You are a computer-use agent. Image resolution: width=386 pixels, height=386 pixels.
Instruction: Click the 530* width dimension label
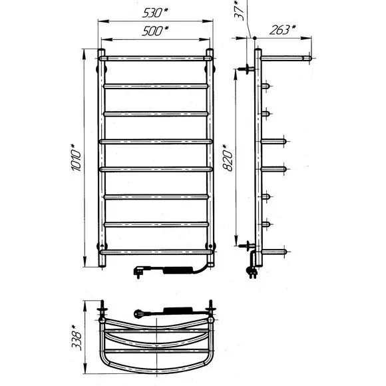[155, 13]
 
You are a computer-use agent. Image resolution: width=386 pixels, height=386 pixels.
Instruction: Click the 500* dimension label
[155, 31]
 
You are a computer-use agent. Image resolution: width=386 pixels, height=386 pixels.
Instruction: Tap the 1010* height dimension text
[77, 158]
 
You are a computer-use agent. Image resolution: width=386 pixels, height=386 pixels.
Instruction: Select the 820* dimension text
[228, 158]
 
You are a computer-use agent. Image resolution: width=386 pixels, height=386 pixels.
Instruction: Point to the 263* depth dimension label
[282, 30]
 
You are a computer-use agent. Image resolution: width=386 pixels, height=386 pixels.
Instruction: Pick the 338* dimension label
[77, 337]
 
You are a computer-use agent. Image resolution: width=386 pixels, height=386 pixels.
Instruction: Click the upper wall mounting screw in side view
[247, 69]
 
